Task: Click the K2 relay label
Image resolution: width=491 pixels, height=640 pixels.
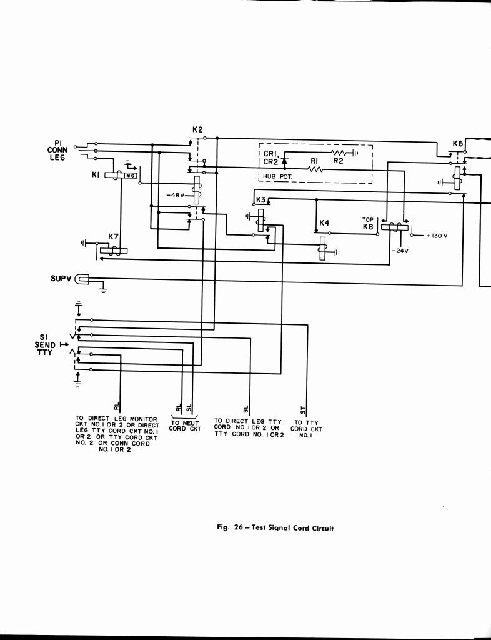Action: point(197,130)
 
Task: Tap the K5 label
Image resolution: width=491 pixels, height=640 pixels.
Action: point(458,144)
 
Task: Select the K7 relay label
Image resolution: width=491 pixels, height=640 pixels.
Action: point(113,236)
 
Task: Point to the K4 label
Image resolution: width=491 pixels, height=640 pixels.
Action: point(324,223)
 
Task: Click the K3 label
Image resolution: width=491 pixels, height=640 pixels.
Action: point(260,200)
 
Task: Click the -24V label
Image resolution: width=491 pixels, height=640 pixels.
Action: point(400,251)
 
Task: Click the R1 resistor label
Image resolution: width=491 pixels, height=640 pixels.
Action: point(315,161)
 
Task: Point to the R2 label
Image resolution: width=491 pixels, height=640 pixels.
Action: point(338,161)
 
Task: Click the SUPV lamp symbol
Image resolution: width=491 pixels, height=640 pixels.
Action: point(83,279)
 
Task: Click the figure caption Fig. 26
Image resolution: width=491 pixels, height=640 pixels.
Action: point(275,528)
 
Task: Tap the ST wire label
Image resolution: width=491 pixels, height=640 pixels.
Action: point(303,409)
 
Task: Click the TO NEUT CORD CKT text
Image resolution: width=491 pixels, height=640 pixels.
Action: point(185,426)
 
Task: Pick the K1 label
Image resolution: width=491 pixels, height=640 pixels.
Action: point(96,175)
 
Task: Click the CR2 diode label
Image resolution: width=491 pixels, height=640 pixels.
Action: point(270,161)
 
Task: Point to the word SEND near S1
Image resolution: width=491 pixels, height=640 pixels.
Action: point(45,345)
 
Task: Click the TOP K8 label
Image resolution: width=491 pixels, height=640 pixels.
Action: point(367,224)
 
